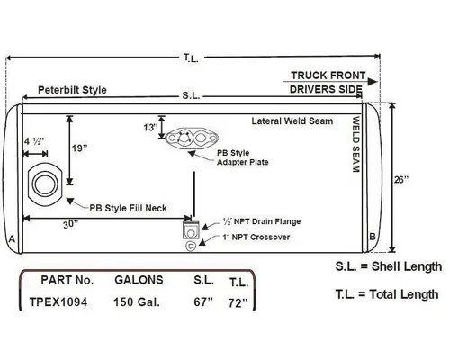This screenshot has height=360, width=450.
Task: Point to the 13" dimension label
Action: point(148,128)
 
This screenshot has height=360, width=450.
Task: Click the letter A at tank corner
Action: point(11,238)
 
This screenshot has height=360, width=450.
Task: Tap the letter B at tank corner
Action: point(372,238)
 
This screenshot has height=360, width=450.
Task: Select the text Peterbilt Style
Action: point(72,92)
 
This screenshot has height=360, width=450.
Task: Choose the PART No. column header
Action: point(61,281)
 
